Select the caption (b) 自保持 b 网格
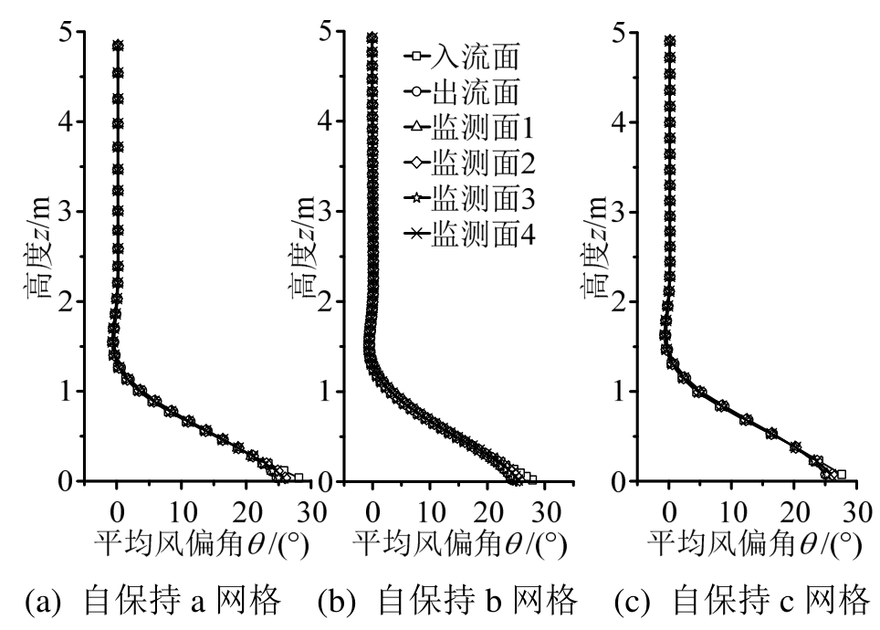pos(447,601)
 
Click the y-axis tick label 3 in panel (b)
pos(325,212)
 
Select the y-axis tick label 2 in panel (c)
pos(618,301)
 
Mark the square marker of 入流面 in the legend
pos(415,58)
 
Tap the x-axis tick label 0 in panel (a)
pos(117,509)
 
